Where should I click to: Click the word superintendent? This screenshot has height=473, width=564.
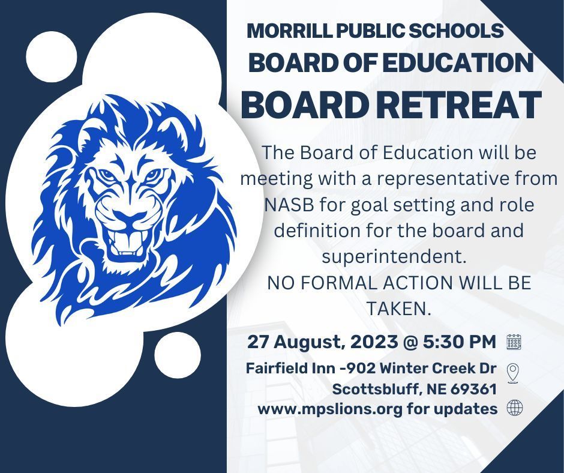tap(394, 256)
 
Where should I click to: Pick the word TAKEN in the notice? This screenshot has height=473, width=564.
tap(398, 309)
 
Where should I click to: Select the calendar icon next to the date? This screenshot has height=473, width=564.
tap(514, 342)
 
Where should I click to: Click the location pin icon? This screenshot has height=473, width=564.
tap(512, 373)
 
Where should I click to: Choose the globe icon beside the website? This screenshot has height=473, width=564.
tap(515, 408)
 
